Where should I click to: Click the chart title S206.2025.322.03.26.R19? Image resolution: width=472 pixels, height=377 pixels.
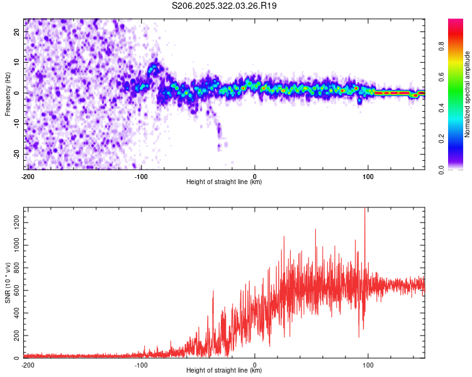pos(225,6)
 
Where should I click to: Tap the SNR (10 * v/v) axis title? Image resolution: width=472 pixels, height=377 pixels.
pos(8,283)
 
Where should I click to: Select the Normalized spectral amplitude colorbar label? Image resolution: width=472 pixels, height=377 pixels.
pos(468,94)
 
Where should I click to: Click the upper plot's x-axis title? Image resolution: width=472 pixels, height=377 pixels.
pos(224,182)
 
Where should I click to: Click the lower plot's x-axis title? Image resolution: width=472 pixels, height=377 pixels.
pos(224,371)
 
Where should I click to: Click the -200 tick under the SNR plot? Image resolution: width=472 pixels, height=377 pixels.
pos(28,364)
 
